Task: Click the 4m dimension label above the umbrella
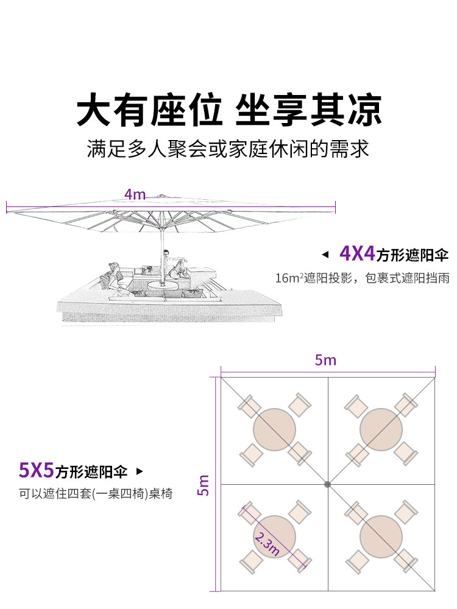coord(135,194)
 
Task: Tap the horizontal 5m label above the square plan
coord(325,360)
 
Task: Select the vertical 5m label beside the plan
coord(204,485)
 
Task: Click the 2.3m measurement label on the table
coord(267,544)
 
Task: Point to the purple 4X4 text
coord(357,253)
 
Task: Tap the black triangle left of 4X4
coord(325,255)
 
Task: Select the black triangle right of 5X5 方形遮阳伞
coord(140,471)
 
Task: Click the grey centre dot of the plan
coord(328,484)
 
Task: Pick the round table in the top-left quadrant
coord(274,429)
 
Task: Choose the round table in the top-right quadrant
coord(381,429)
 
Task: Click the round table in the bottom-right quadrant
coord(381,537)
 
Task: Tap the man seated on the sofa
coord(175,263)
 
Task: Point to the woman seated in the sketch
coord(113,277)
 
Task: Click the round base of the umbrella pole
coord(163,285)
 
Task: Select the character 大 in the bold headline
coord(93,110)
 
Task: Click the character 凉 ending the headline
coord(364,110)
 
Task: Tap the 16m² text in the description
coord(289,278)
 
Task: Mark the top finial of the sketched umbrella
coord(160,196)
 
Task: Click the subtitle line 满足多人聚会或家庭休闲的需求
coord(228,149)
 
